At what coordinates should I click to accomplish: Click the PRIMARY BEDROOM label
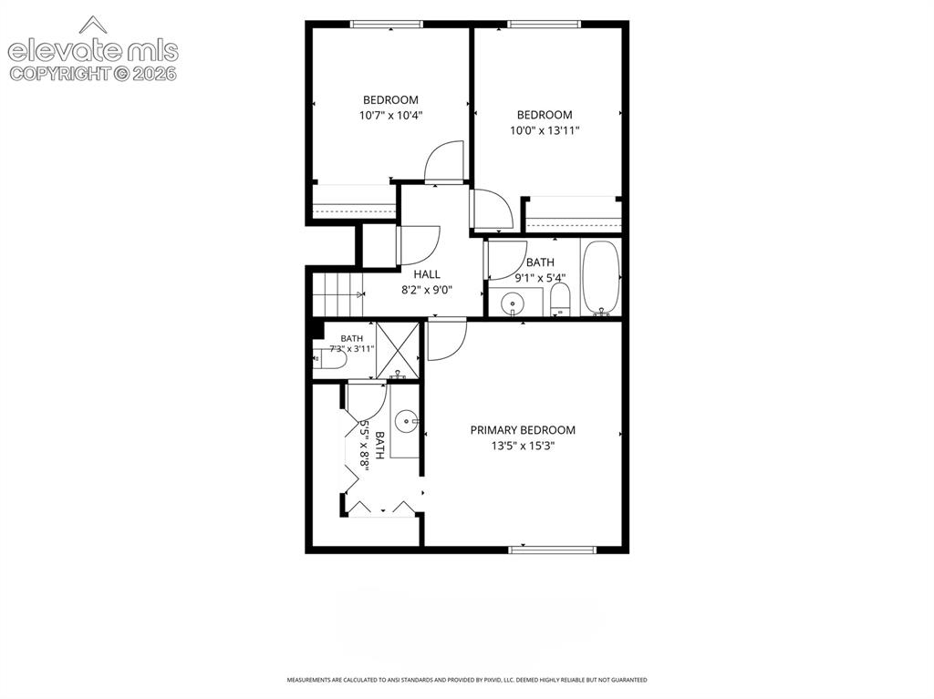tap(523, 430)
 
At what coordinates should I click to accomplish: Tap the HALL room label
tap(427, 274)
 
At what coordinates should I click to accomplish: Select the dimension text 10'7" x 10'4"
tap(390, 115)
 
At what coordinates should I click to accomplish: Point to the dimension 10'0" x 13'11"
tap(545, 129)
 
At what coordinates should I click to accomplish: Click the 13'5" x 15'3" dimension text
tap(523, 446)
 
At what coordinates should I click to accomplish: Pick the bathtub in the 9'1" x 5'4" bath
tap(601, 277)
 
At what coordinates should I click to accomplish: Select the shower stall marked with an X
tap(398, 350)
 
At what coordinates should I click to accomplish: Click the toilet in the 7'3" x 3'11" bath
tap(330, 360)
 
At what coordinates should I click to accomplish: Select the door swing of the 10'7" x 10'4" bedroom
tap(444, 160)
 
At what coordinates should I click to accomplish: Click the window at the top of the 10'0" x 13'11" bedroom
tap(544, 25)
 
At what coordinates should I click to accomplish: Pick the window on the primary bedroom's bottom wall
tap(552, 550)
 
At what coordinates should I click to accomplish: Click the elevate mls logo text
tap(93, 51)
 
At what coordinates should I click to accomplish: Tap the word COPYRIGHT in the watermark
tap(61, 74)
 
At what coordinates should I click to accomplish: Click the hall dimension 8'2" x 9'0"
tap(427, 290)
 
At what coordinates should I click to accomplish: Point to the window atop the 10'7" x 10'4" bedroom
tap(387, 25)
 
